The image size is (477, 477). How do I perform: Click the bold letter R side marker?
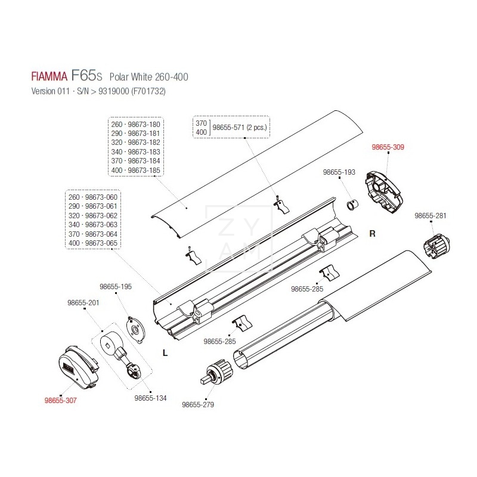coord(372,234)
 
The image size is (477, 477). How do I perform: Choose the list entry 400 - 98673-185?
coord(136,171)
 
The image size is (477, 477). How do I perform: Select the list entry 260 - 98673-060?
coord(93,197)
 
